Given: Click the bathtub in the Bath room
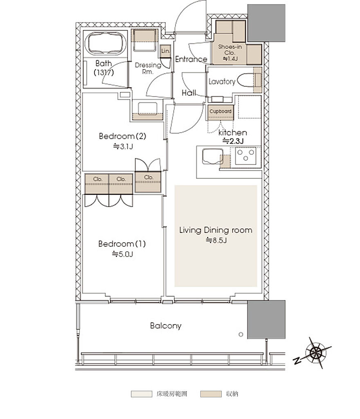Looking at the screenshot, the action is coord(106,43).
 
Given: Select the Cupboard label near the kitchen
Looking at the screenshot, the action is coord(220,111).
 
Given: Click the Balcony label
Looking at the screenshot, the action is coord(166,326).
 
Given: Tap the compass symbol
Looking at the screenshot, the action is coord(315,353).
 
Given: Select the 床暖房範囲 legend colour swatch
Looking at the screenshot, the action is coord(142,394).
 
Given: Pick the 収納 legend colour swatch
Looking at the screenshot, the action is coord(211,394).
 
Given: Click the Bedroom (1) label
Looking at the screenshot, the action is coord(122,244).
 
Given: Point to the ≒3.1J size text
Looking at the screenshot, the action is coord(123,146).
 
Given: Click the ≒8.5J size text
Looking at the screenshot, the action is coord(216,240).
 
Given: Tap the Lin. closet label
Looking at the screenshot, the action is coord(165,51).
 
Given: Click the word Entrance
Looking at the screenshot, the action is coord(191,59).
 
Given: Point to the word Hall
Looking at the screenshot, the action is coord(189,93).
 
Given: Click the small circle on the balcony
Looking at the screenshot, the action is coord(241,334).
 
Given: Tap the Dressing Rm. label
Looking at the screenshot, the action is coord(148,68).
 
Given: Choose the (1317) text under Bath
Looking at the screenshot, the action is coord(103,72).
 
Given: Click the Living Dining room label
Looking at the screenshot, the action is coord(216,230).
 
